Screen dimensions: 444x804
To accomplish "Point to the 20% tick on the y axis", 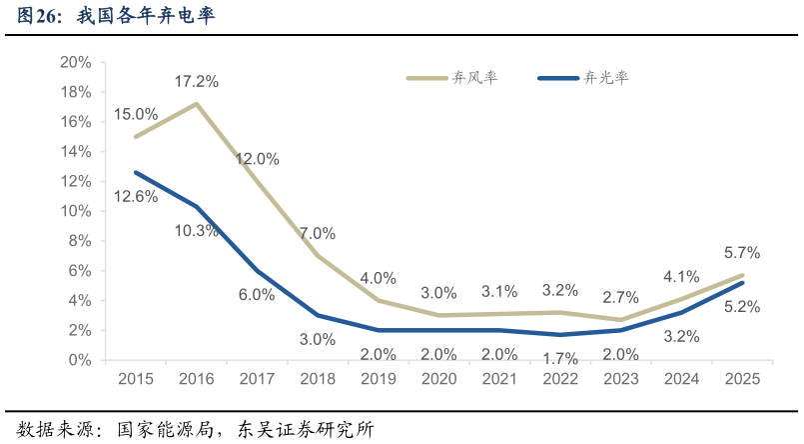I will (76, 62).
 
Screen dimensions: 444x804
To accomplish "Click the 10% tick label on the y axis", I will (76, 211).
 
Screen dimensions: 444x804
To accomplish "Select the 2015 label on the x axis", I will (135, 380).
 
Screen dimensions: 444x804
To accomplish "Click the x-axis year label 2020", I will (438, 380).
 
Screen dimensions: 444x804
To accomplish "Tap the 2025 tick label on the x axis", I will (742, 380).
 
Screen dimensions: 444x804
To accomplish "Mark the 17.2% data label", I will (198, 81).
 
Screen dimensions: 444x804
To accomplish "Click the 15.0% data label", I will (136, 115).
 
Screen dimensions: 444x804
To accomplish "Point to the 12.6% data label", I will (136, 197).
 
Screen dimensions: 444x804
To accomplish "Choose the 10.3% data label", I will (197, 231).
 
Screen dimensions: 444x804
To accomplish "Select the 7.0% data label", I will (317, 234).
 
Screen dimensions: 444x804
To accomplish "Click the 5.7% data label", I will (742, 253).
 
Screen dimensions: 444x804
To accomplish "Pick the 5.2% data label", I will (742, 307).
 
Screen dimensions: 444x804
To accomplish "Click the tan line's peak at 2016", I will (196, 104).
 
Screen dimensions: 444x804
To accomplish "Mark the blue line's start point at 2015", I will (135, 172).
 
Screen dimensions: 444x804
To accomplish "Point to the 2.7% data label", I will (620, 298).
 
